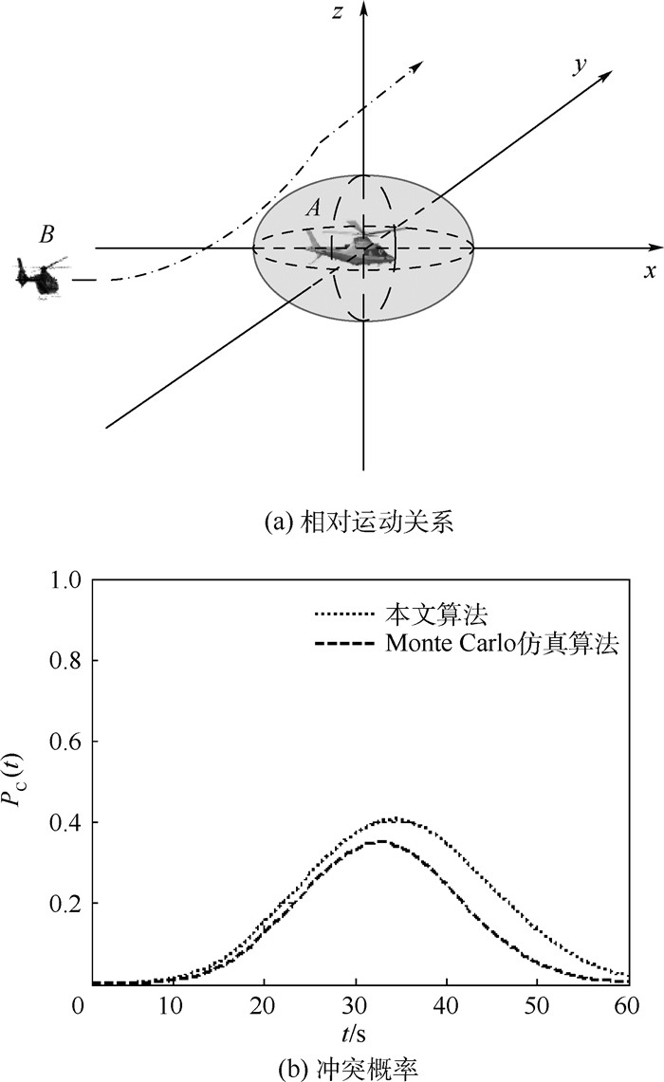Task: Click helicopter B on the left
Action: pyautogui.click(x=40, y=277)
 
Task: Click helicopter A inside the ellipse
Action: pyautogui.click(x=351, y=245)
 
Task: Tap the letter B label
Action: pyautogui.click(x=46, y=234)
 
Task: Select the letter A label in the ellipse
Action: pyautogui.click(x=313, y=207)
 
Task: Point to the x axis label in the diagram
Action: pyautogui.click(x=650, y=270)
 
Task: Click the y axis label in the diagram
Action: pyautogui.click(x=579, y=65)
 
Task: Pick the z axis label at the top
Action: pyautogui.click(x=338, y=11)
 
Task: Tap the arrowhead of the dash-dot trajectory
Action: pyautogui.click(x=416, y=64)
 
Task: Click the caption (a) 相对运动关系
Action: pyautogui.click(x=359, y=522)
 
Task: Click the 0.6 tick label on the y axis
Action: pyautogui.click(x=67, y=742)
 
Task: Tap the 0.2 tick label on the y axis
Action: pyautogui.click(x=67, y=903)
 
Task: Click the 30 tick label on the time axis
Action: pyautogui.click(x=356, y=1005)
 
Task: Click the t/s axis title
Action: pyautogui.click(x=354, y=1033)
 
